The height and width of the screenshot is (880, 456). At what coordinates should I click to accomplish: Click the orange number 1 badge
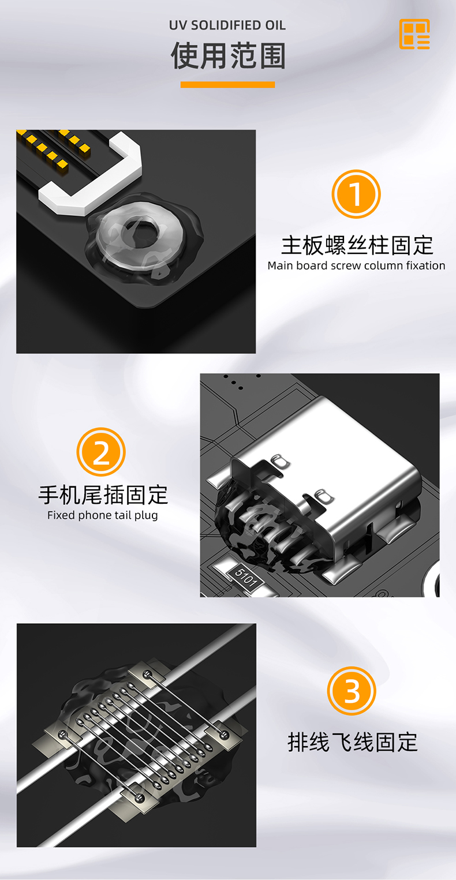point(356,194)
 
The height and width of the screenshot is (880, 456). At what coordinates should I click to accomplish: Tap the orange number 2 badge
point(101,452)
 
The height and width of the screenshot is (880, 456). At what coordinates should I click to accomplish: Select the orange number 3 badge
point(352,691)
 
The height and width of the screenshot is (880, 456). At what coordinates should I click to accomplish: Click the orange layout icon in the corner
point(414,34)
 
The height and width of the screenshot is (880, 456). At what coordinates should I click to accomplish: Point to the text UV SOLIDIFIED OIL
point(227,25)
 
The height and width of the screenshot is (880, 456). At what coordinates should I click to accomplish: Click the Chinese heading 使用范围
point(228,56)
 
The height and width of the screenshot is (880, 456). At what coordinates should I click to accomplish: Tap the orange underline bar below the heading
point(227,84)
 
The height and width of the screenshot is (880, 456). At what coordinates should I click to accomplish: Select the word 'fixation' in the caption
point(426,265)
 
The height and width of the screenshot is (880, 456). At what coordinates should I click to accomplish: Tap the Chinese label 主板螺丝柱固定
point(357,245)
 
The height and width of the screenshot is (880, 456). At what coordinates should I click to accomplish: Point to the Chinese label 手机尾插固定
point(103,495)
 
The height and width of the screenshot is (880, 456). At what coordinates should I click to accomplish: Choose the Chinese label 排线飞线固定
point(352,742)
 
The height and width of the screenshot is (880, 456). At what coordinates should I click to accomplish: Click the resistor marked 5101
point(245,577)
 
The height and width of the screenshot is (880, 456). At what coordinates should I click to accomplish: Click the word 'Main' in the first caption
point(281,265)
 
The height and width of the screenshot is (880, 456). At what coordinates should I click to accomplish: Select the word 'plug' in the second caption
point(146,516)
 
